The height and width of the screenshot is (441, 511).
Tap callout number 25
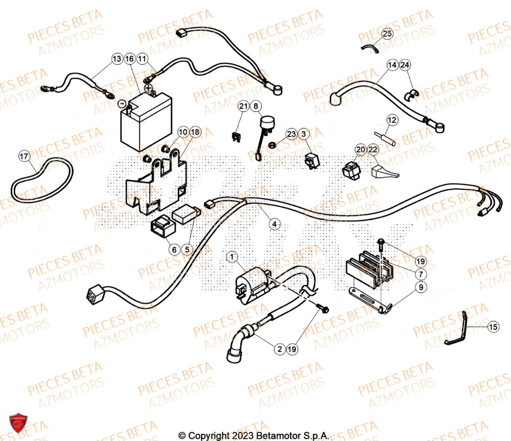click(x=387, y=34)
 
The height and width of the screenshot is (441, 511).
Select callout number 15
click(x=493, y=326)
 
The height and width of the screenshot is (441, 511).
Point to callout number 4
click(x=275, y=224)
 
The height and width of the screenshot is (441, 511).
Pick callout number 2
click(x=279, y=350)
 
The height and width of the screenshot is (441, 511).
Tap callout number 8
click(x=255, y=106)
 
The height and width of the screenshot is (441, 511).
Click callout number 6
click(x=174, y=250)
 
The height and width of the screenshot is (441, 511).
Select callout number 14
click(x=392, y=65)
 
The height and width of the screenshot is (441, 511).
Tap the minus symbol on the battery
click(x=122, y=103)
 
